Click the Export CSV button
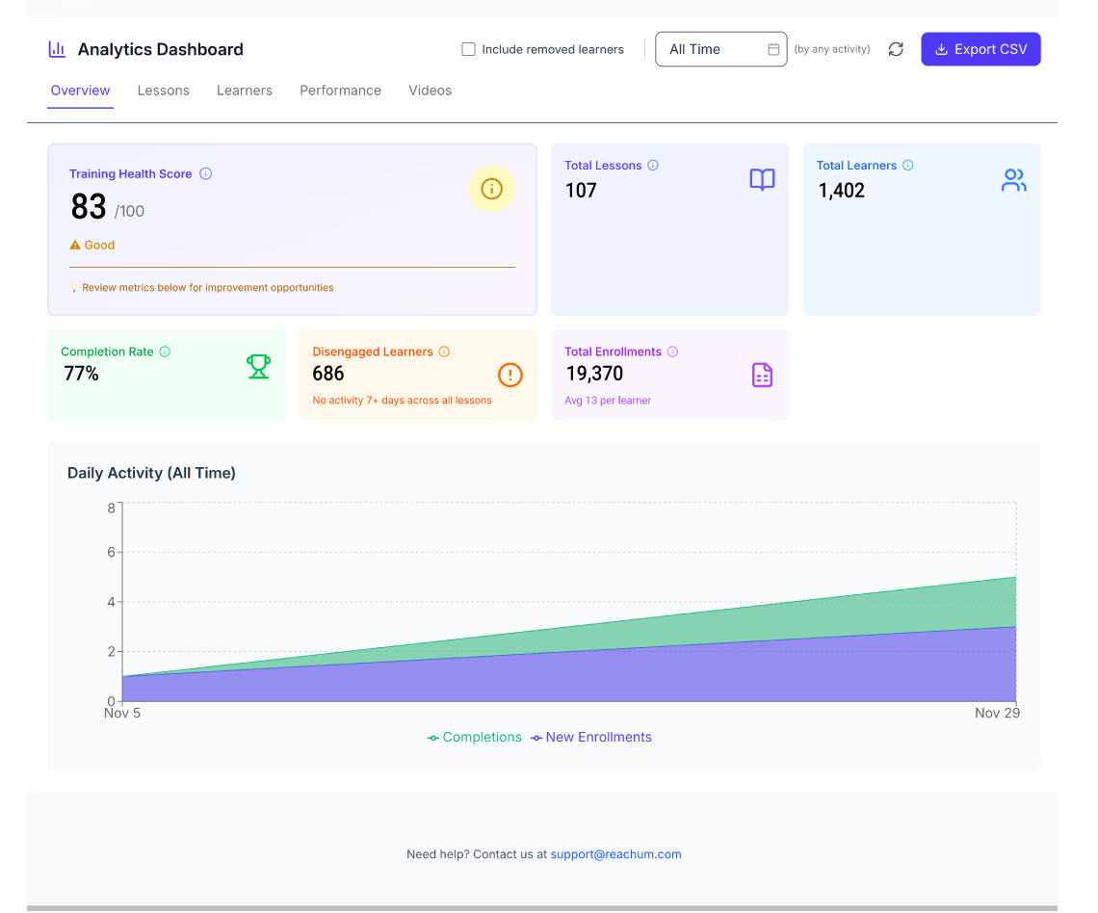[980, 49]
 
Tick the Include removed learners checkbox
[469, 49]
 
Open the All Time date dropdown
[720, 49]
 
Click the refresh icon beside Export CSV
[896, 49]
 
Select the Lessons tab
[164, 91]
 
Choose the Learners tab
[245, 91]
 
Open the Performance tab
[340, 91]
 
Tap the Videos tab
[430, 91]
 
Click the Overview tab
[81, 91]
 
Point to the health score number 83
[89, 207]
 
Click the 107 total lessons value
[581, 191]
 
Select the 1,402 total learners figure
[842, 191]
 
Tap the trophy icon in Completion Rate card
[258, 366]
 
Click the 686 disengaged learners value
[328, 374]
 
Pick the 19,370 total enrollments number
[594, 374]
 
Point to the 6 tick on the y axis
[112, 552]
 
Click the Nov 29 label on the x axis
[997, 714]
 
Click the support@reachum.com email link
[615, 854]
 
